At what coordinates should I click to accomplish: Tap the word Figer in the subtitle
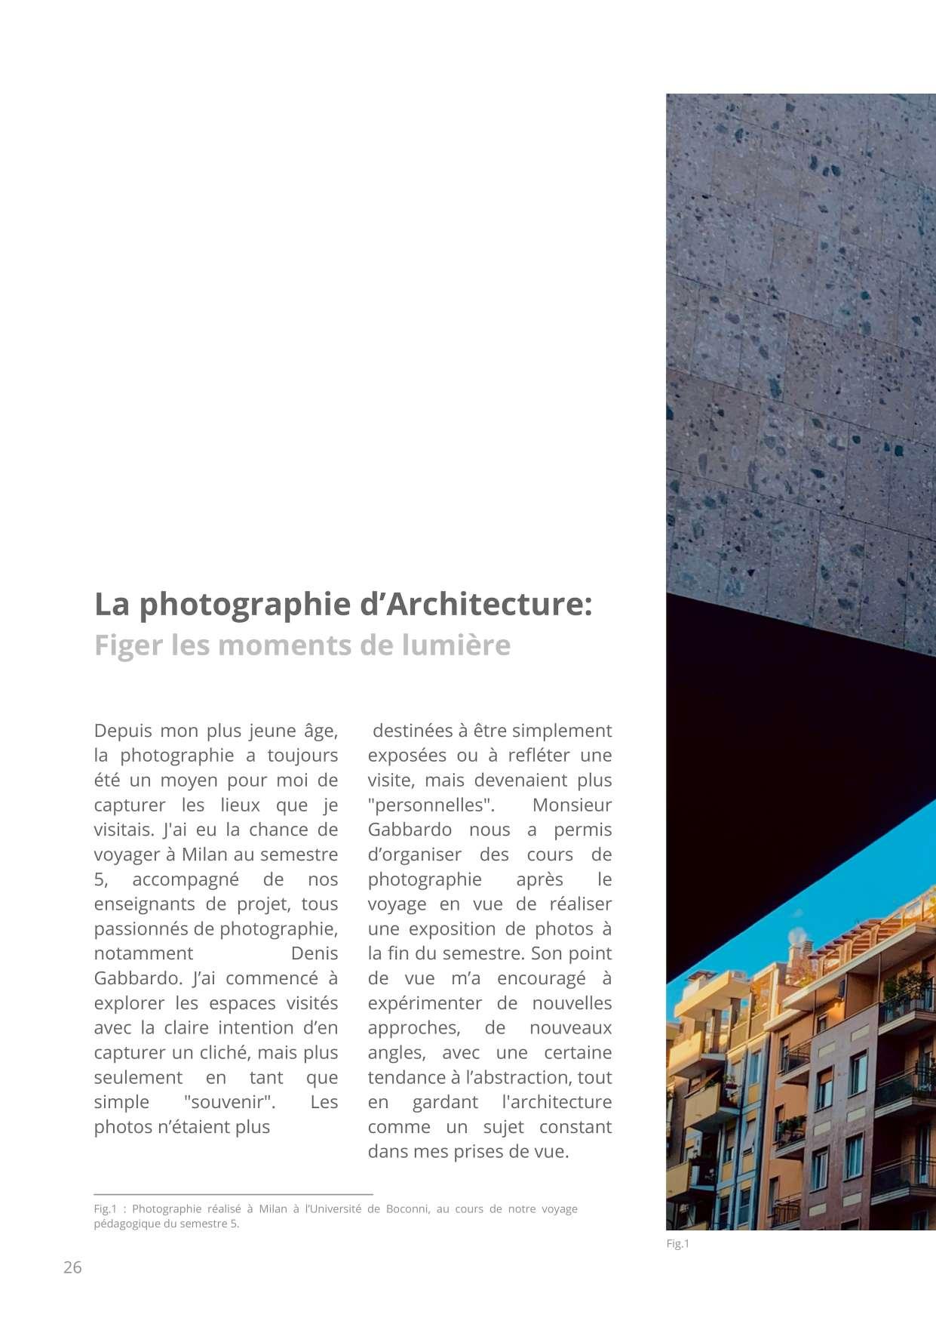(x=127, y=645)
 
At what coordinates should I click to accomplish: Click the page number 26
(x=72, y=1267)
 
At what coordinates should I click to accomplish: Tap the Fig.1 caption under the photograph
(x=677, y=1244)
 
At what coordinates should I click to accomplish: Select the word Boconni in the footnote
(x=407, y=1209)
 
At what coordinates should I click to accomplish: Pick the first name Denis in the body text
(x=314, y=953)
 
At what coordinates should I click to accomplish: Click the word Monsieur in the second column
(x=572, y=805)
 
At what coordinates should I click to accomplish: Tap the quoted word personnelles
(x=431, y=805)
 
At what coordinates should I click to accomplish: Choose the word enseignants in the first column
(x=141, y=904)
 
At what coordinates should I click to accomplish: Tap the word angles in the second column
(x=397, y=1052)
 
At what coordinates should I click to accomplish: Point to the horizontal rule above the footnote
(x=233, y=1194)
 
